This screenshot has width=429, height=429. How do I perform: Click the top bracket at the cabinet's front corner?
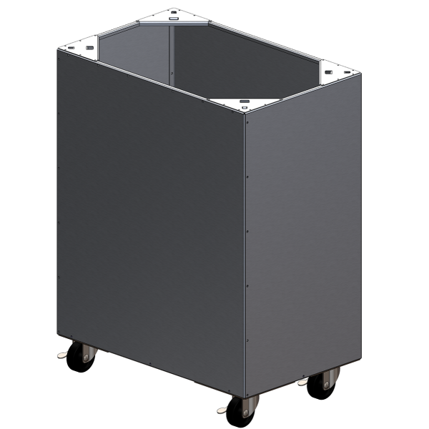click(x=243, y=102)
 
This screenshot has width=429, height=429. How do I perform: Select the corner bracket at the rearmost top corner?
click(x=173, y=16)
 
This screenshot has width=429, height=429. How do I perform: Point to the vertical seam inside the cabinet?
click(x=172, y=54)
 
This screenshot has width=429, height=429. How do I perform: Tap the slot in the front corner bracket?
click(x=243, y=101)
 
